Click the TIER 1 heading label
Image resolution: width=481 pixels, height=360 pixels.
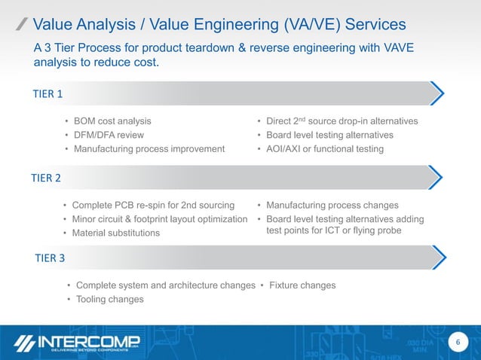click(47, 94)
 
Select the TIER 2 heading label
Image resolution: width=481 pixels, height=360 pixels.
click(47, 178)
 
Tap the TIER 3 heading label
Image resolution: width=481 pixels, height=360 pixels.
click(50, 258)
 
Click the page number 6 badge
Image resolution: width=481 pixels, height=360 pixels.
click(455, 343)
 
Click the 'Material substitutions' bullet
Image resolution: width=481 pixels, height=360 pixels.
click(115, 233)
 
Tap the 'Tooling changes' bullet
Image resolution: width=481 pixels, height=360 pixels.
click(109, 300)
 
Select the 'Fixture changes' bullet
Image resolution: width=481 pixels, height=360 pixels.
click(302, 285)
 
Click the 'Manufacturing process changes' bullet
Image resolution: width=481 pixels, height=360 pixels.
click(332, 205)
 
